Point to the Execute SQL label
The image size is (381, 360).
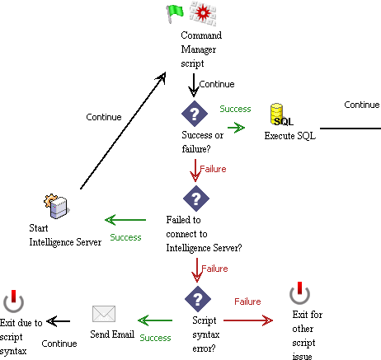[289, 136]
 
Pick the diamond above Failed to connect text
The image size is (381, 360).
[195, 198]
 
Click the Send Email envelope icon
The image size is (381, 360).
[103, 314]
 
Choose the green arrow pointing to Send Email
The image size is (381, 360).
[154, 320]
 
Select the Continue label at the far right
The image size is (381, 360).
[361, 105]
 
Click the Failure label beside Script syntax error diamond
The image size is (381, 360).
[247, 302]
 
